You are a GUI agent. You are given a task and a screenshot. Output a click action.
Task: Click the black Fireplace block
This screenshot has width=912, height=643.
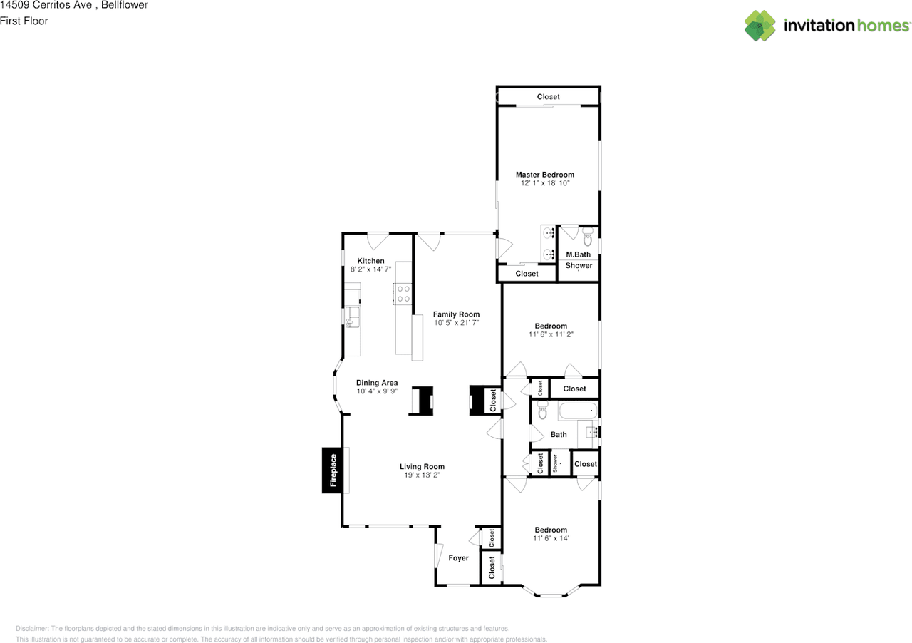332,470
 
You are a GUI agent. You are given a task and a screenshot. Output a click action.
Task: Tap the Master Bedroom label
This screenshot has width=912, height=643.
545,175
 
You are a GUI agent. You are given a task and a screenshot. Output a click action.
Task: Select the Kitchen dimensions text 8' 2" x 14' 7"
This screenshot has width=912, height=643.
370,269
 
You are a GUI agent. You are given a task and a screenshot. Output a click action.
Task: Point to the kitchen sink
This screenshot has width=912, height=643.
351,316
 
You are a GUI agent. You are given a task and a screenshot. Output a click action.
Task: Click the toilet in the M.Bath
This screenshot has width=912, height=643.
588,237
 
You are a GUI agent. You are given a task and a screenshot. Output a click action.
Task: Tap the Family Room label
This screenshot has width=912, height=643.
456,314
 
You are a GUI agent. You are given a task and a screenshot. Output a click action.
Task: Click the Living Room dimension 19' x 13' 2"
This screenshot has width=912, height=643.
422,475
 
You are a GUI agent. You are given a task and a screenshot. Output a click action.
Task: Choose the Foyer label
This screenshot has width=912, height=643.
458,558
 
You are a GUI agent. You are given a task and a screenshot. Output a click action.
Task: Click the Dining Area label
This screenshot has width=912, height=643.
377,383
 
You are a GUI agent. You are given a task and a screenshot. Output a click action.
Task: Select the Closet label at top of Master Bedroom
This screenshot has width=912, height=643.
549,96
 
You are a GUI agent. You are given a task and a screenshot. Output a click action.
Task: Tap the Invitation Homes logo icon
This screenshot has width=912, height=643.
760,26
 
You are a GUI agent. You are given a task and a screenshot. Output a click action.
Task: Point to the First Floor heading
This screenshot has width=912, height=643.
24,21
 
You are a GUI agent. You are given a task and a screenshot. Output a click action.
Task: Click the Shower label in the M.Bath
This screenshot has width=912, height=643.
579,265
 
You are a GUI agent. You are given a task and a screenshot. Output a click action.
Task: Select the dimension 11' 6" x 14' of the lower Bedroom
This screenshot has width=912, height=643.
551,538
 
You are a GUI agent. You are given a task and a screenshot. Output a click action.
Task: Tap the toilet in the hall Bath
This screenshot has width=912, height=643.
541,411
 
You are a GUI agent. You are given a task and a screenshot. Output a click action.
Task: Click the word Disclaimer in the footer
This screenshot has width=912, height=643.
32,629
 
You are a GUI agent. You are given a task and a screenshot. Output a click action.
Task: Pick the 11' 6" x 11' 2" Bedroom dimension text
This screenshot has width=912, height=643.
551,334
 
